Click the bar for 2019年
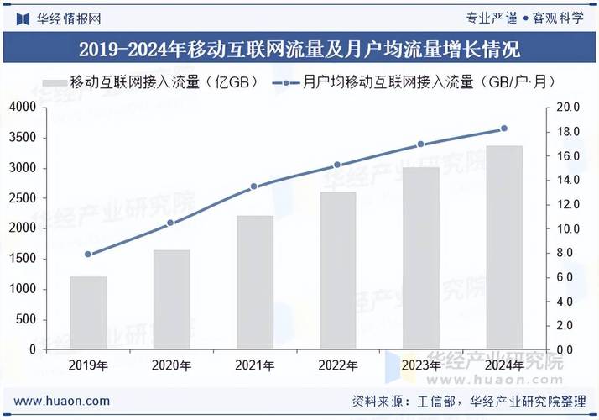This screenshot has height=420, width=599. [88, 312]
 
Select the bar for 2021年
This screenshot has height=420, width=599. [255, 282]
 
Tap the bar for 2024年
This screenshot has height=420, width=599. [505, 247]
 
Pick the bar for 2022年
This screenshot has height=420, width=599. [338, 270]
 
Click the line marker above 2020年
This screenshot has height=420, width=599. [171, 223]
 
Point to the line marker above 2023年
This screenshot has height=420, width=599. [421, 144]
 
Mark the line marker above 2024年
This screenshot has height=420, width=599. [504, 129]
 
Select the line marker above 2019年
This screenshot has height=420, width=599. [88, 254]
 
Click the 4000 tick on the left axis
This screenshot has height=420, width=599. [23, 108]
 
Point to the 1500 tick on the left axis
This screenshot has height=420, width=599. [23, 259]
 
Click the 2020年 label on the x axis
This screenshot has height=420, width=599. [171, 365]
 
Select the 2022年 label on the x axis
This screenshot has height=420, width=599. [338, 365]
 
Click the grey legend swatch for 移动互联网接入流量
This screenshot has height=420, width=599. [54, 82]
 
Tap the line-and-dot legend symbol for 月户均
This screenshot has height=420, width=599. [287, 82]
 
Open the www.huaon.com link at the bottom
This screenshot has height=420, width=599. [61, 401]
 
